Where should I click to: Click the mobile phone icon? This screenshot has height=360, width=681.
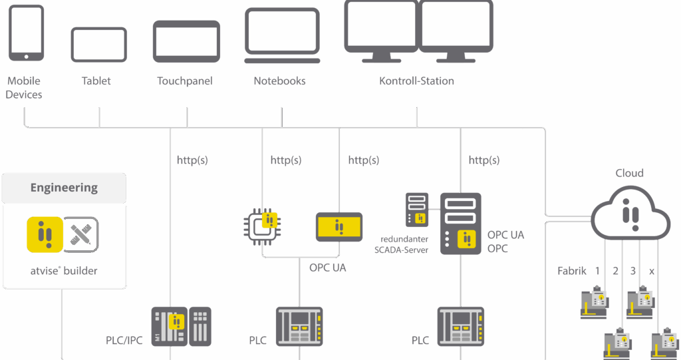26,33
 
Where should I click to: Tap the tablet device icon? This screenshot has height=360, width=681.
98,45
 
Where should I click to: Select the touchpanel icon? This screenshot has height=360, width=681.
186,41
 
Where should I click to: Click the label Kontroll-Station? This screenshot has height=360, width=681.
416,81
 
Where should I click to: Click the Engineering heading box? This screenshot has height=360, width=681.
64,188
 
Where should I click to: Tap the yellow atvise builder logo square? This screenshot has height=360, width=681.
45,235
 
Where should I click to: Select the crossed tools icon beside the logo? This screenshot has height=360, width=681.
82,235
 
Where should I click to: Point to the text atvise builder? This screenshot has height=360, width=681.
64,271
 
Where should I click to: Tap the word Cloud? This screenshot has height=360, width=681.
629,173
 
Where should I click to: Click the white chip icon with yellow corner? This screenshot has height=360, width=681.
260,226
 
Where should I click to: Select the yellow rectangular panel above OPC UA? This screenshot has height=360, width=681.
339,227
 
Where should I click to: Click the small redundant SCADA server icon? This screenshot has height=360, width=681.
418,209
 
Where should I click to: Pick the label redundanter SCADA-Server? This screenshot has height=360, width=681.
401,244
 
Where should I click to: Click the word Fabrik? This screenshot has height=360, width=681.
571,271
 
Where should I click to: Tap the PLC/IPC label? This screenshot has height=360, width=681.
124,341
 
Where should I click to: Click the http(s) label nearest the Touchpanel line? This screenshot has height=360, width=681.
192,160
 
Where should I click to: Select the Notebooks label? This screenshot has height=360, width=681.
279,81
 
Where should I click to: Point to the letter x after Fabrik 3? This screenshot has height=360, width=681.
651,271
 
